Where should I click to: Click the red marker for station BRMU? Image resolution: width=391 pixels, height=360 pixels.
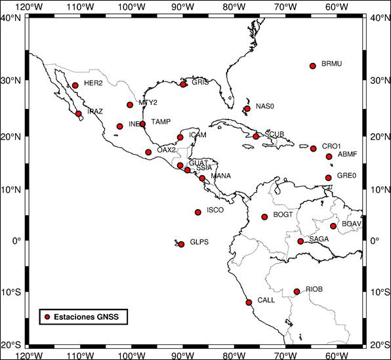313,66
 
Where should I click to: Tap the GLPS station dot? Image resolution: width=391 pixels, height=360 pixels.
182,244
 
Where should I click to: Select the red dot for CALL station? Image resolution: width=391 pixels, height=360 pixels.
249,302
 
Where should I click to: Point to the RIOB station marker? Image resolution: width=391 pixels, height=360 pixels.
297,291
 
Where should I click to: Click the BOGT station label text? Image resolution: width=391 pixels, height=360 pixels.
283,215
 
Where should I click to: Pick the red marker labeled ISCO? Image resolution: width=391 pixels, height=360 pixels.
198,212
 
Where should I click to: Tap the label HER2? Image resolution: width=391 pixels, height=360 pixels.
94,83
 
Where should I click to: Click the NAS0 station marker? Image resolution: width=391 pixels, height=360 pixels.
247,108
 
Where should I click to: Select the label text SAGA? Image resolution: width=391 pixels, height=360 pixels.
319,239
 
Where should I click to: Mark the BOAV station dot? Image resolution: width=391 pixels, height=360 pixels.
333,226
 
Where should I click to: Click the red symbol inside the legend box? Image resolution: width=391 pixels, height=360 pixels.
47,317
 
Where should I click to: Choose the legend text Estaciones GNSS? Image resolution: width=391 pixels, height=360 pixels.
90,317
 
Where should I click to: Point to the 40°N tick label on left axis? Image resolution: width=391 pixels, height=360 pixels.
12,17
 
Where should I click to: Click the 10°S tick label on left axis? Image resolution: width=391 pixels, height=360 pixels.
12,292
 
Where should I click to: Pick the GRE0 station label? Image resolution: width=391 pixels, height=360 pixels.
346,176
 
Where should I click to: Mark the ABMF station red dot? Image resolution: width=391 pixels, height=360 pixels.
329,156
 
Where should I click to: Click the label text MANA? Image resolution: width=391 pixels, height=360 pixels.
221,176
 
